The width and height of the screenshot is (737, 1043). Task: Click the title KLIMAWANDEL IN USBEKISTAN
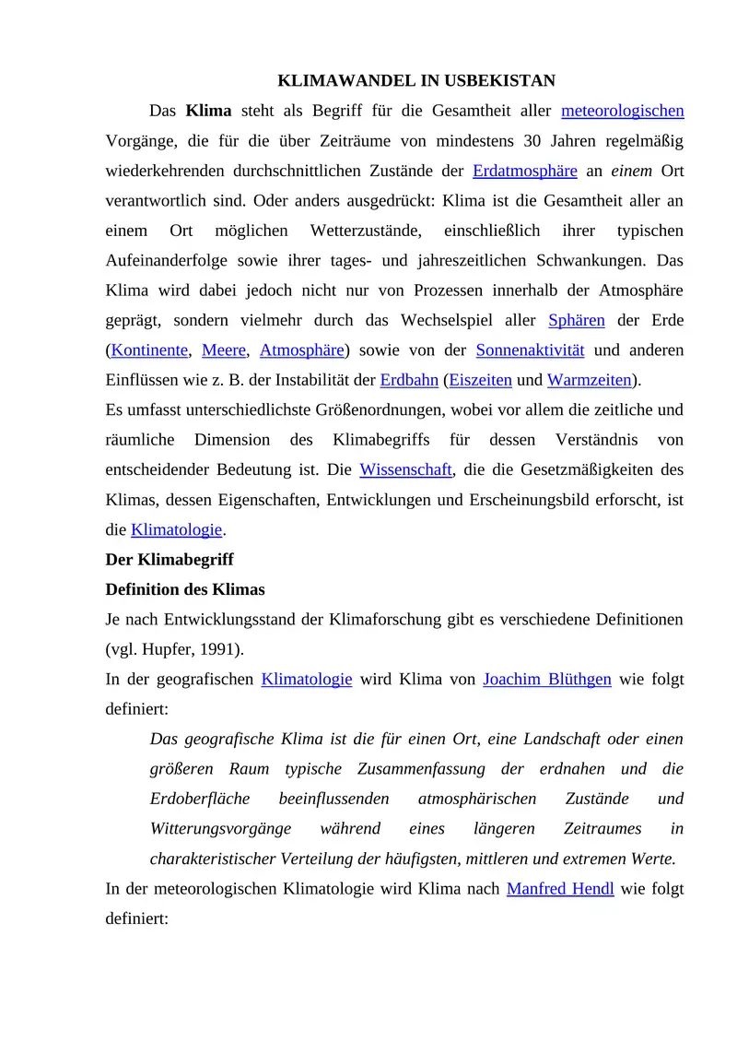(x=416, y=81)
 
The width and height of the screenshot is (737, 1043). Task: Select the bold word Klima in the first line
(x=208, y=112)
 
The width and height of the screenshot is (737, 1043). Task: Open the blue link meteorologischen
(x=622, y=112)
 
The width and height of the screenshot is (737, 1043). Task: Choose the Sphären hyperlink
(x=577, y=321)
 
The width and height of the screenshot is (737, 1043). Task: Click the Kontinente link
(x=149, y=350)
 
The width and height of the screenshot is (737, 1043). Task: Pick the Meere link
(x=225, y=350)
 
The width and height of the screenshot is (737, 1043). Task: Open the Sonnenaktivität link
(x=530, y=350)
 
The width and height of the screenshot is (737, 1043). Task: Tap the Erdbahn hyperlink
(x=409, y=380)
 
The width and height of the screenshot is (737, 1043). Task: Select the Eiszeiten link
(x=480, y=380)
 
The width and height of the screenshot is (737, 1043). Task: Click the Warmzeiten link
(x=590, y=380)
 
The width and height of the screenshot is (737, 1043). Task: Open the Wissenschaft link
(x=405, y=469)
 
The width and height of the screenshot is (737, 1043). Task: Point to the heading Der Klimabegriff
(x=170, y=560)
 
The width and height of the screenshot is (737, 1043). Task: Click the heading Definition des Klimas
(x=185, y=589)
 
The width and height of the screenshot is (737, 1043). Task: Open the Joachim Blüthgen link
(x=547, y=680)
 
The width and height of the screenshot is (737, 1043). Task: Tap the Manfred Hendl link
(x=560, y=889)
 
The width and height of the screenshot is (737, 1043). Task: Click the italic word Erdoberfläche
(x=200, y=799)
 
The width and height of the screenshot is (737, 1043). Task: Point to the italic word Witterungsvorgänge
(x=221, y=829)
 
